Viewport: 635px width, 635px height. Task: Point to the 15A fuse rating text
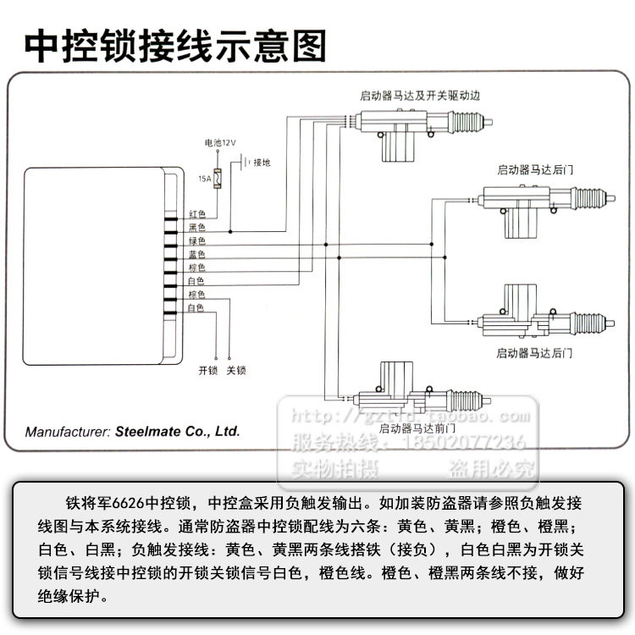tap(204, 179)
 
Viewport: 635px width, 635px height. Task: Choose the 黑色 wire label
tap(196, 228)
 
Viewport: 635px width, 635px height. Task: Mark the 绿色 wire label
tap(196, 241)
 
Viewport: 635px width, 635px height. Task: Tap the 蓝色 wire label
tap(196, 254)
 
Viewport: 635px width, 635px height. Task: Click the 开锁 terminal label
tap(208, 371)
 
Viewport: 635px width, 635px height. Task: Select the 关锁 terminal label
tap(235, 371)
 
